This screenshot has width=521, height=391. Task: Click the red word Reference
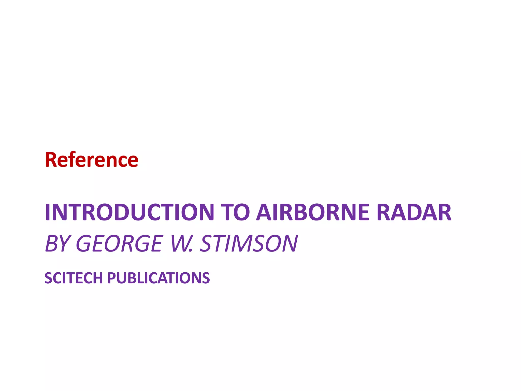[92, 160]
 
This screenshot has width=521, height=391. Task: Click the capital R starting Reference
[51, 160]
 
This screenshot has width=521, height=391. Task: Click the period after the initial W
[192, 251]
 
